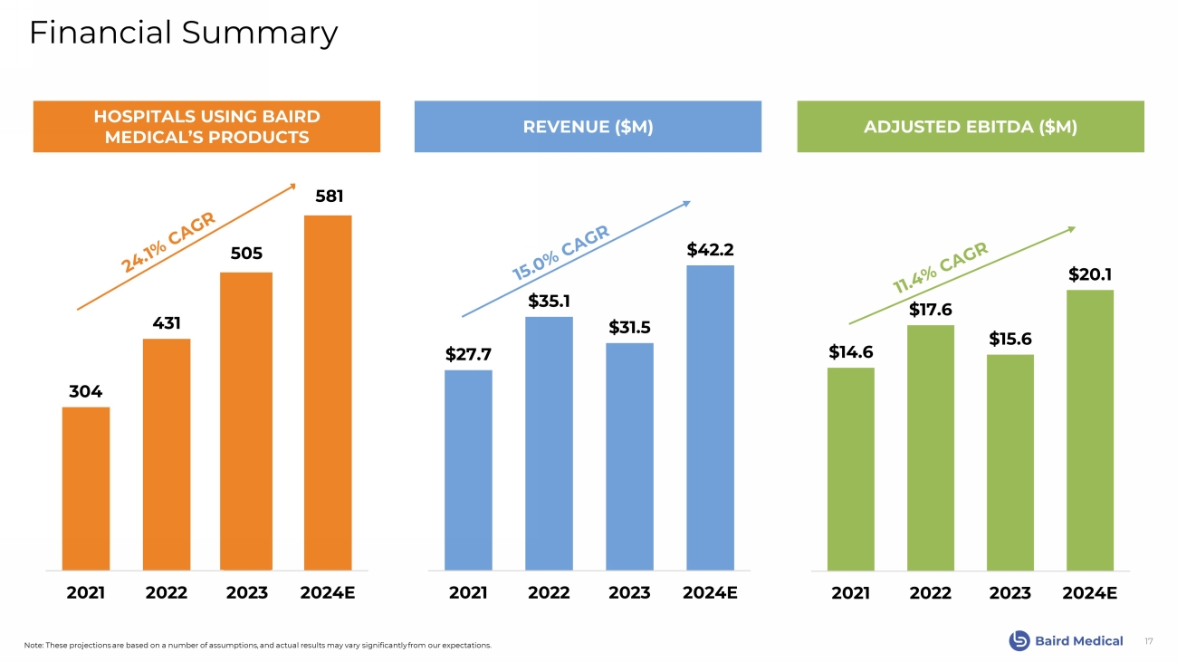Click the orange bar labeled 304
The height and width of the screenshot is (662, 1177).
click(86, 488)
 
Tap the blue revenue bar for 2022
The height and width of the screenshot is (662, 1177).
click(549, 443)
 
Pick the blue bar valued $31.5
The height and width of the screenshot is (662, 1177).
click(629, 456)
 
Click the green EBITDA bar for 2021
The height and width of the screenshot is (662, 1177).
click(851, 468)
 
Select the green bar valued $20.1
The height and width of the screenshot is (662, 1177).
click(1089, 430)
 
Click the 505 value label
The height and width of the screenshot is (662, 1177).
click(246, 255)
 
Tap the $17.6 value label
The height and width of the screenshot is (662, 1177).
click(932, 310)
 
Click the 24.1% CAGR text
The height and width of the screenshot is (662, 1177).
click(169, 242)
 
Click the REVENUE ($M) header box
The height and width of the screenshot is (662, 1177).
click(588, 127)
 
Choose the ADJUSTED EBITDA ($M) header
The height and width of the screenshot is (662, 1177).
click(971, 127)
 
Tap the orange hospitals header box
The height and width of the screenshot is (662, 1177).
click(206, 127)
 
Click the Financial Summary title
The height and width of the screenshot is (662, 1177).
click(184, 34)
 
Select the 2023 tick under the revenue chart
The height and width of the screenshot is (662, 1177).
click(629, 593)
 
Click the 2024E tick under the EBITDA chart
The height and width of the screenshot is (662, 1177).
click(1090, 593)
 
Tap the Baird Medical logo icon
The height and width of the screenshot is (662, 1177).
click(1019, 641)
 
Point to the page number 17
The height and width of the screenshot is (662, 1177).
click(1149, 641)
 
